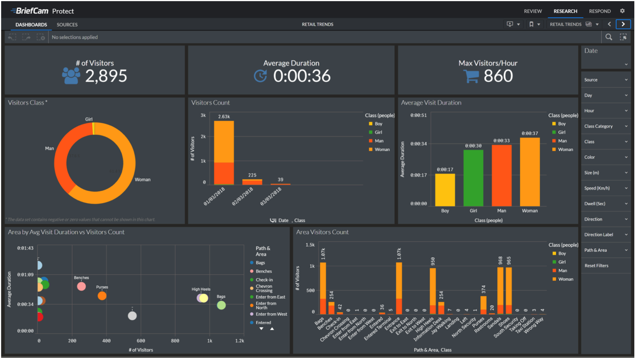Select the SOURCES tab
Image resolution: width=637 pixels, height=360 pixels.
[67, 25]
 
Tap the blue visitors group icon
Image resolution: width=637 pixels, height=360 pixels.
[71, 75]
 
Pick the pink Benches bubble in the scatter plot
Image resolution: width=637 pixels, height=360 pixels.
[82, 287]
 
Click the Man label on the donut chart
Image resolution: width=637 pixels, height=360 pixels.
[50, 148]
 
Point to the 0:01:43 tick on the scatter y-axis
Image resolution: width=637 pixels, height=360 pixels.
[26, 248]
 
